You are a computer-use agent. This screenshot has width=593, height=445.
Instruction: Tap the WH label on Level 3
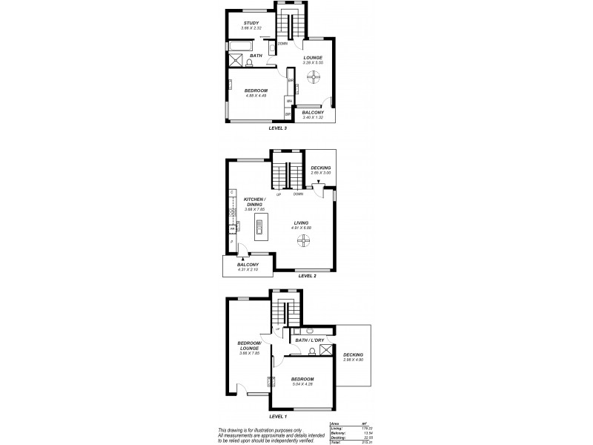[x=288, y=101]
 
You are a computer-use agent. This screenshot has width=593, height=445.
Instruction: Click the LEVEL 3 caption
[x=278, y=128]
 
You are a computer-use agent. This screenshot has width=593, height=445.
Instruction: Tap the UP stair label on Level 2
[x=278, y=194]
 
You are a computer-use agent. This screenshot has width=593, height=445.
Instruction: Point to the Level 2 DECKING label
[x=320, y=168]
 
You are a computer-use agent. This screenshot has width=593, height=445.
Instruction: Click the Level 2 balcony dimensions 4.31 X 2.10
[x=247, y=269]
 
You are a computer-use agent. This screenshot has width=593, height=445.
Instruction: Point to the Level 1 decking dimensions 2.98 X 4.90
[x=352, y=359]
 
